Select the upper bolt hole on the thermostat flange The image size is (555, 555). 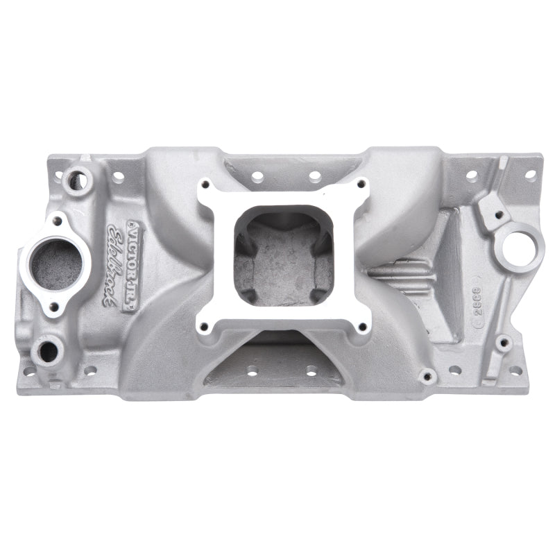click(x=58, y=221)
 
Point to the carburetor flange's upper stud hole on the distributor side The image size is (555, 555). click(x=361, y=185)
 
